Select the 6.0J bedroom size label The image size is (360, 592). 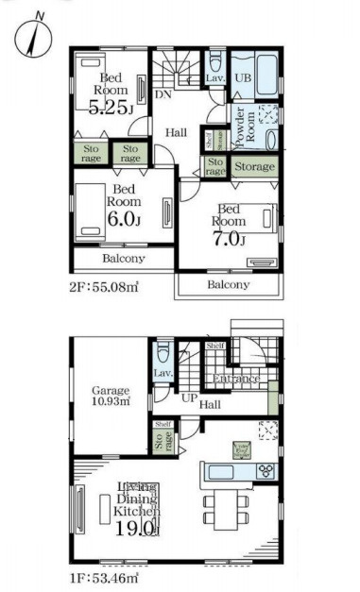click(124, 220)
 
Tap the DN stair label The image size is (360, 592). click(163, 94)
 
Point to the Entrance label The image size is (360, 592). click(235, 380)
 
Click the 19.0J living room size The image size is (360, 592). click(138, 529)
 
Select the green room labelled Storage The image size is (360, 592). click(253, 167)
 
